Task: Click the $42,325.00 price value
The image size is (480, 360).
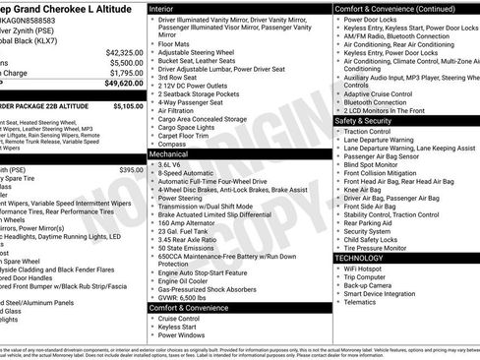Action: tap(124, 52)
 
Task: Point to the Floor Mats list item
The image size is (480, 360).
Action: tap(173, 43)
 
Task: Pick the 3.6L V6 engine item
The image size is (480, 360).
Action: tap(171, 164)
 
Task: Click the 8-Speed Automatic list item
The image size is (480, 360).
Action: tap(185, 173)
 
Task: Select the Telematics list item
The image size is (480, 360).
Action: tap(364, 303)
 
